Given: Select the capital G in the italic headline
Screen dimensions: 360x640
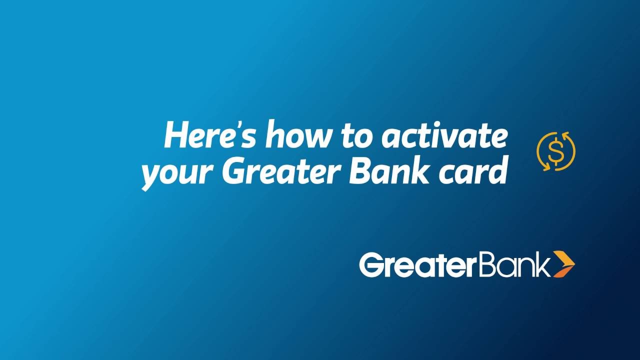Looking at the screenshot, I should pos(234,171).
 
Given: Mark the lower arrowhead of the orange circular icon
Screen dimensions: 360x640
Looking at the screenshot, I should pos(545,167).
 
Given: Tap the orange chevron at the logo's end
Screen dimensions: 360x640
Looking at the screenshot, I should pos(564,264).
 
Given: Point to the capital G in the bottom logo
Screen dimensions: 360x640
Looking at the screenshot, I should pos(371,265).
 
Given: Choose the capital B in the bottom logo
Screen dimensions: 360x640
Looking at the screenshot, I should pos(482,265).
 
